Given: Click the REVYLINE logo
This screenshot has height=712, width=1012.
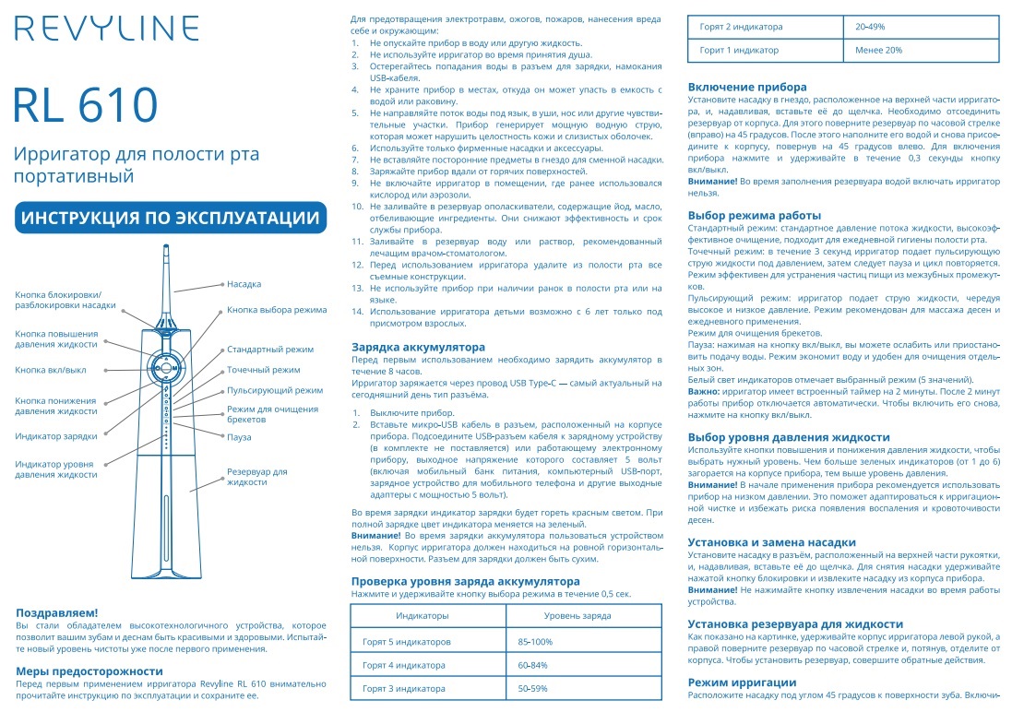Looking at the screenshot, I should (x=106, y=29).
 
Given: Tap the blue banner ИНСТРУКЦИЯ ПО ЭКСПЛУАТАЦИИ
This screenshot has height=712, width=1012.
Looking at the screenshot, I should (x=171, y=218).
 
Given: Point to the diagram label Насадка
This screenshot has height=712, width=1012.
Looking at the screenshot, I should (x=244, y=284).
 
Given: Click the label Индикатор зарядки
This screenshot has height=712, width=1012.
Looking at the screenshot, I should (x=56, y=435).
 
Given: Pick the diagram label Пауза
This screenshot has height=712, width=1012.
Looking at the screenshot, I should (x=239, y=437).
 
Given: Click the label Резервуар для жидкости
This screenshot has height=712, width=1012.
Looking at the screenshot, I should (x=257, y=477).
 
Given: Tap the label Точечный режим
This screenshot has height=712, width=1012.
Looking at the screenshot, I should (x=263, y=370).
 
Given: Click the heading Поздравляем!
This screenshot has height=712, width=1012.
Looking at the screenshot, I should (x=56, y=612).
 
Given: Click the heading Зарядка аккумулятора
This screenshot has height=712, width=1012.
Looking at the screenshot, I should (x=418, y=347).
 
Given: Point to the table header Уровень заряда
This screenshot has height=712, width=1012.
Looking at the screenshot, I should (x=577, y=614).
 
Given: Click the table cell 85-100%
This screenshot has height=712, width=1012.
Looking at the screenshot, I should (x=535, y=641).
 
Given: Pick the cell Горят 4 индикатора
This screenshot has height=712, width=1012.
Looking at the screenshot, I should (x=403, y=664).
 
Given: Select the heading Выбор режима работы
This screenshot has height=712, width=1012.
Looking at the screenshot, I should (x=755, y=215).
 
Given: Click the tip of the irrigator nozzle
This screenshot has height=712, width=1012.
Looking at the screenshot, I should (x=164, y=246).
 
